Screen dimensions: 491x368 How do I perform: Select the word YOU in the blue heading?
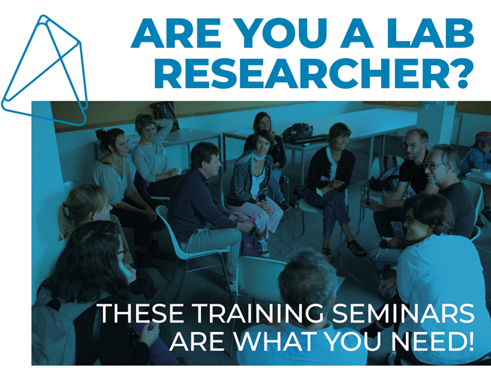(x=280, y=34)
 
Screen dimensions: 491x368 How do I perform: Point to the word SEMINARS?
(x=403, y=314)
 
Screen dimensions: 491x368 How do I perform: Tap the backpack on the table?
(x=297, y=131)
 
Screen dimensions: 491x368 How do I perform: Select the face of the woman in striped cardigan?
(x=262, y=144)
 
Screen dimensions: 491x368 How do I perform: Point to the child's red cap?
(x=483, y=137)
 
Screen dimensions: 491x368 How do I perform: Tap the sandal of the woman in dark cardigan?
(x=356, y=248)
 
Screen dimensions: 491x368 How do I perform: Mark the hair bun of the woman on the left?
(x=101, y=134)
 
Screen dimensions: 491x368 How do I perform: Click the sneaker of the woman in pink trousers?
(x=264, y=249)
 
